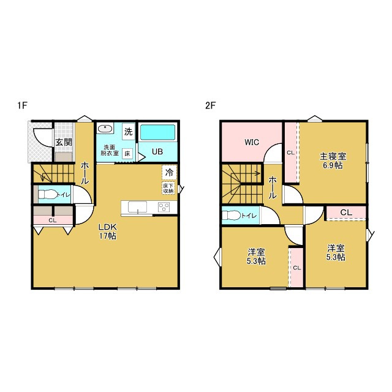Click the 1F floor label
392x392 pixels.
tap(22, 105)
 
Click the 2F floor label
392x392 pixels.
tap(210, 105)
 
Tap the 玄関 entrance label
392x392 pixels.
tap(64, 142)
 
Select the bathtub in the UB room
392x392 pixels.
tap(157, 132)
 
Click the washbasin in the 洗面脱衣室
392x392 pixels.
tap(105, 129)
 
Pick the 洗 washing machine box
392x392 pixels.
tap(129, 132)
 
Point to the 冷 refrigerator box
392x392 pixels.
tap(169, 172)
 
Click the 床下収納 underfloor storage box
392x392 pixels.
tap(168, 188)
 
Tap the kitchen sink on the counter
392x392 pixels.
tap(137, 207)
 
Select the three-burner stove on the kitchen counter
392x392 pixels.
tap(164, 207)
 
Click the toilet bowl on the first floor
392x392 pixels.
tap(47, 194)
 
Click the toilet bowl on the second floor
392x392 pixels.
tap(232, 215)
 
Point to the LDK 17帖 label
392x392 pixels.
tap(108, 232)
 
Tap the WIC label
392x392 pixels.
tap(252, 142)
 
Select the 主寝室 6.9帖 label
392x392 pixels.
tap(333, 160)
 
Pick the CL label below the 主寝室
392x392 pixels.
tap(346, 213)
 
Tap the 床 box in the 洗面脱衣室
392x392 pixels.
tap(127, 154)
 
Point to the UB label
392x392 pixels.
tap(157, 152)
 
